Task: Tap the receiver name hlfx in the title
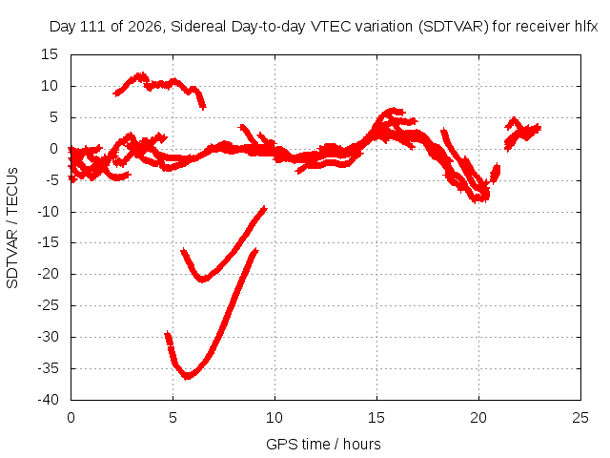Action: [586, 27]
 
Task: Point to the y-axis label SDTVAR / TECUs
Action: [12, 228]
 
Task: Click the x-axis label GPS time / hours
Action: [323, 445]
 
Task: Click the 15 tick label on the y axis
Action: [50, 54]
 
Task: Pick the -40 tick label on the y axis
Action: [48, 400]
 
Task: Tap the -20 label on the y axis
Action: [48, 274]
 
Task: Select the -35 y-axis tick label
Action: [48, 368]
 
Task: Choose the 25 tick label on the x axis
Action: [580, 418]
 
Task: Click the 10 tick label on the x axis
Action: [274, 418]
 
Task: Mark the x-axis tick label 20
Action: [478, 418]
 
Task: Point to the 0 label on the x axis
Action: [71, 418]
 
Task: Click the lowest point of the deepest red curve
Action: [188, 376]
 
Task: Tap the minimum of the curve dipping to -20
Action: [203, 280]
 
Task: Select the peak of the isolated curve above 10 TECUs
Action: [140, 74]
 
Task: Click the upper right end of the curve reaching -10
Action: [265, 208]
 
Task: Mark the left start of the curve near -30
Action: [168, 334]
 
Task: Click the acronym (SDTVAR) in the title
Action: [454, 27]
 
